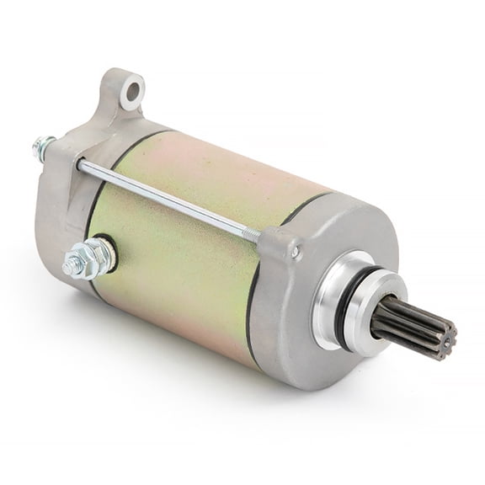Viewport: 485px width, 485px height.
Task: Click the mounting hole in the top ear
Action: [131, 91]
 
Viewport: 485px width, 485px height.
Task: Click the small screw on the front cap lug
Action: [296, 250]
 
